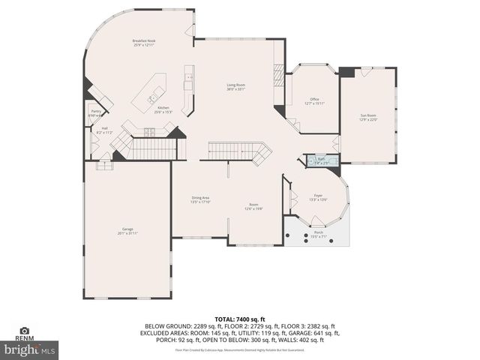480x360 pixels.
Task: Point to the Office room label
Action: [x=313, y=100]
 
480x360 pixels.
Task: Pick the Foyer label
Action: [x=318, y=196]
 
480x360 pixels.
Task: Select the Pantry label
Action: [x=96, y=112]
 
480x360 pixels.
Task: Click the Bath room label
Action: [x=321, y=160]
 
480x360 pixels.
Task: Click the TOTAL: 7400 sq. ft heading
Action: [x=239, y=319]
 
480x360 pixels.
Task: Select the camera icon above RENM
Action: [x=25, y=331]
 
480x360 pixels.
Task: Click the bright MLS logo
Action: [x=30, y=349]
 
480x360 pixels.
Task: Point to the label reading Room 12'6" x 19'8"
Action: [x=253, y=206]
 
